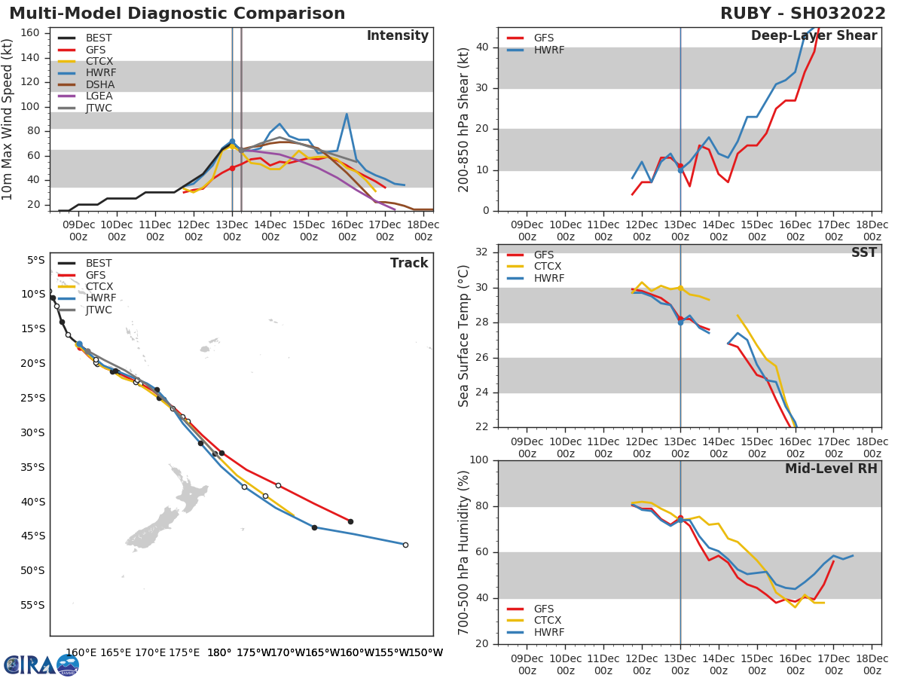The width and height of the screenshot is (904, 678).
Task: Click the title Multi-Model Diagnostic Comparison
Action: click(177, 14)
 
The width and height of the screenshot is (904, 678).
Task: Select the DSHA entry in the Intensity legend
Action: click(99, 84)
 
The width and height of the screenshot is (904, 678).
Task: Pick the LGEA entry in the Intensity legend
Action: click(99, 96)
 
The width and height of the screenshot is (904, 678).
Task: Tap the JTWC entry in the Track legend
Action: click(99, 310)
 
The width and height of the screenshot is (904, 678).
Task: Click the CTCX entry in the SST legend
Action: click(548, 266)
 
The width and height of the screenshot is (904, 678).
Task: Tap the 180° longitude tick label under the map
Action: click(219, 652)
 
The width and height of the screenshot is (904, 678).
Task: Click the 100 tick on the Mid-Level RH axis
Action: click(478, 460)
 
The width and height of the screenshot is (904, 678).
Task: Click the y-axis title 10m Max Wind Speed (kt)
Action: click(8, 119)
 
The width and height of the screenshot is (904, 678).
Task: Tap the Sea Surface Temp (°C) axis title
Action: click(464, 336)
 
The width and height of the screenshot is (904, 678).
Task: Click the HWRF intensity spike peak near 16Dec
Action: click(347, 115)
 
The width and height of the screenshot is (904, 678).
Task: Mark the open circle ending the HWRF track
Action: click(405, 545)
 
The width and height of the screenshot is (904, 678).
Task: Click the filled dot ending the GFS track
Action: click(350, 521)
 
